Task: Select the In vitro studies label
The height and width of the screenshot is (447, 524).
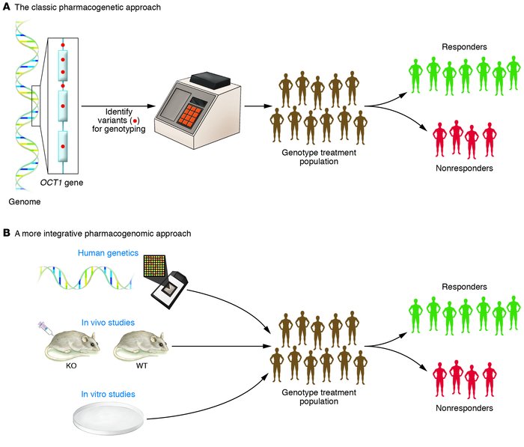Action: pyautogui.click(x=106, y=392)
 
